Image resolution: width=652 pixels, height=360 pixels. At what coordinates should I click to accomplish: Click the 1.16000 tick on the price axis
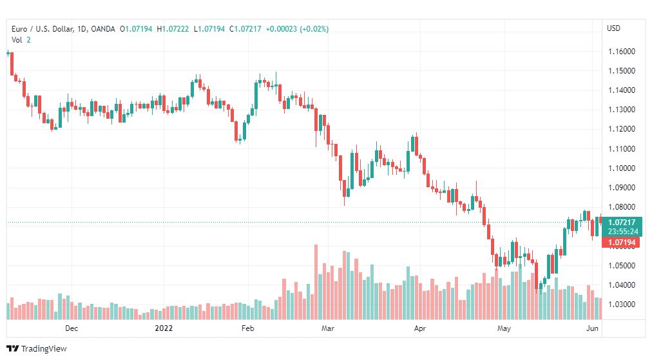[622, 52]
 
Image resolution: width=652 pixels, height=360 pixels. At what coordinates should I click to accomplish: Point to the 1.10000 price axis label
[622, 168]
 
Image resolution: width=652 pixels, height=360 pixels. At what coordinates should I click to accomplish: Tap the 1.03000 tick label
[622, 305]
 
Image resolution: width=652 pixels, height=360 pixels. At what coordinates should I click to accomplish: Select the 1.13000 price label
[622, 110]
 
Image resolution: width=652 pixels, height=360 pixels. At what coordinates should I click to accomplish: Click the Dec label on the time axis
[72, 328]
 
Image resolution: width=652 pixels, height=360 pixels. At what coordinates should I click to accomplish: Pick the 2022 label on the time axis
[164, 328]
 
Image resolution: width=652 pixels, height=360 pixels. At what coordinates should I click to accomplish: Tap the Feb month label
[247, 328]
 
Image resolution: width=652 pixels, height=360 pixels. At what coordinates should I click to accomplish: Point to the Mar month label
[328, 328]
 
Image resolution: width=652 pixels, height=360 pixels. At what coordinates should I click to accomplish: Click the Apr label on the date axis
[420, 328]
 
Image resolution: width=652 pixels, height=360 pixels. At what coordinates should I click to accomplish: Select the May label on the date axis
[504, 328]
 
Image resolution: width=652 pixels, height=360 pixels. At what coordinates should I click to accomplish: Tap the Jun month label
[592, 328]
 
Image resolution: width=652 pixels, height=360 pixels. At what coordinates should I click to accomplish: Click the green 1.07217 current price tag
[622, 222]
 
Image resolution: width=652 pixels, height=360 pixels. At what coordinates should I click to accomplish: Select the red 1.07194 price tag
[622, 242]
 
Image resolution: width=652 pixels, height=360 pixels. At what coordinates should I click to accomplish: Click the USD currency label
[613, 28]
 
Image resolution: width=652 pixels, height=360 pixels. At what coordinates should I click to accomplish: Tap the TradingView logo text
[44, 349]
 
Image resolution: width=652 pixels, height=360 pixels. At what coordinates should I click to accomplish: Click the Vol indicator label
[17, 40]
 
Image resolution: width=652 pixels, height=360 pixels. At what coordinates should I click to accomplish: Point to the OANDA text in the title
[102, 29]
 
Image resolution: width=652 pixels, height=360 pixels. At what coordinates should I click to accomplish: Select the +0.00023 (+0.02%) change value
[297, 29]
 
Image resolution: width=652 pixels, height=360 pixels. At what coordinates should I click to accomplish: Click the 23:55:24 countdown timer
[623, 232]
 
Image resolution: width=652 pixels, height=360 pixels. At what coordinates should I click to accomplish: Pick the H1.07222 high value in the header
[173, 29]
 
